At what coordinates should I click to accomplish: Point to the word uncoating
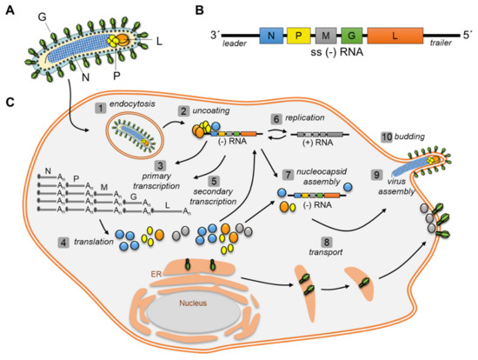coord(206,112)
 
